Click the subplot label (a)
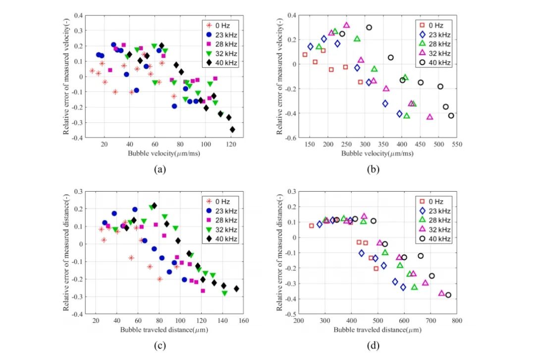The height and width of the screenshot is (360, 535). click(160, 169)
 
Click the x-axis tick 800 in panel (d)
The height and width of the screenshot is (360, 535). click(457, 321)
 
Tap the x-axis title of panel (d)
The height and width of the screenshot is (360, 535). click(374, 329)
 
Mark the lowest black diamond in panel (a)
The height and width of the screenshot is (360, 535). click(232, 130)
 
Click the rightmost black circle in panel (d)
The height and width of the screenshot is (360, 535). click(448, 295)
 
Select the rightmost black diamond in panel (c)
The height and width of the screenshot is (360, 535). click(236, 289)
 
